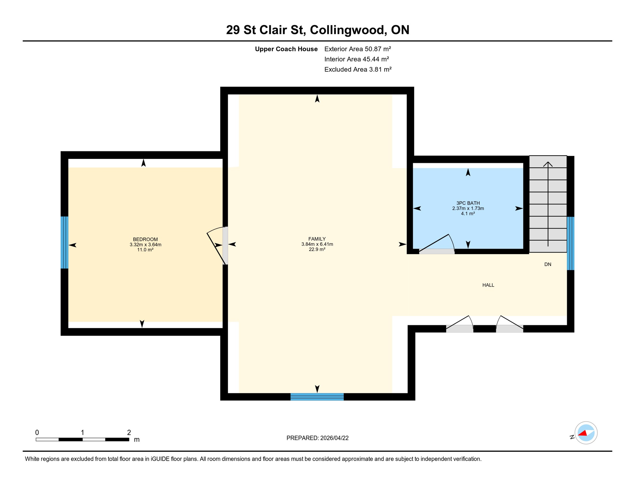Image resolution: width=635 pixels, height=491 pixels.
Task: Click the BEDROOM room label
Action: coord(145,239)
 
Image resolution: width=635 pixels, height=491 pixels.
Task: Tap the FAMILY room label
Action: coord(317,239)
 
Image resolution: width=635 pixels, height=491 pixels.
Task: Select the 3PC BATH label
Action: coord(468,203)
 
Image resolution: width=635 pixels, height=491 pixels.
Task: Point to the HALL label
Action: coord(488,285)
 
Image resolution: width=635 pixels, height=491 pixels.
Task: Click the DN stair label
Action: coord(547,264)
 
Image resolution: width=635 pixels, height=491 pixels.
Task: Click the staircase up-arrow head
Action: coord(548,164)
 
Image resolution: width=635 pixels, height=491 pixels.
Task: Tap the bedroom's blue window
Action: coord(65,242)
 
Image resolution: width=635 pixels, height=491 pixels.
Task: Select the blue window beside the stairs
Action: coord(570,244)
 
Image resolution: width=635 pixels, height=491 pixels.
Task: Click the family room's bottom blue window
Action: coord(317,397)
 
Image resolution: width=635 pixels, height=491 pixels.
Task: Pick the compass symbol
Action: coord(586,433)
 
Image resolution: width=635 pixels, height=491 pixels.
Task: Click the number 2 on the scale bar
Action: coord(129,433)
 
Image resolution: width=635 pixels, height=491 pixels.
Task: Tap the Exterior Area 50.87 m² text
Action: coord(357,49)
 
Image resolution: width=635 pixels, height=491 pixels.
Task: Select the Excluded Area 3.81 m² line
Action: coord(358,69)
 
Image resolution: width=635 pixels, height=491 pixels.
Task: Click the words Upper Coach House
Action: coord(286,49)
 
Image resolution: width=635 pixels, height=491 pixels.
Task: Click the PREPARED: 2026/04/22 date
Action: coord(317,438)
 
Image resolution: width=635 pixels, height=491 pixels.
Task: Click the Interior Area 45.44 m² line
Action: coord(356,59)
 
